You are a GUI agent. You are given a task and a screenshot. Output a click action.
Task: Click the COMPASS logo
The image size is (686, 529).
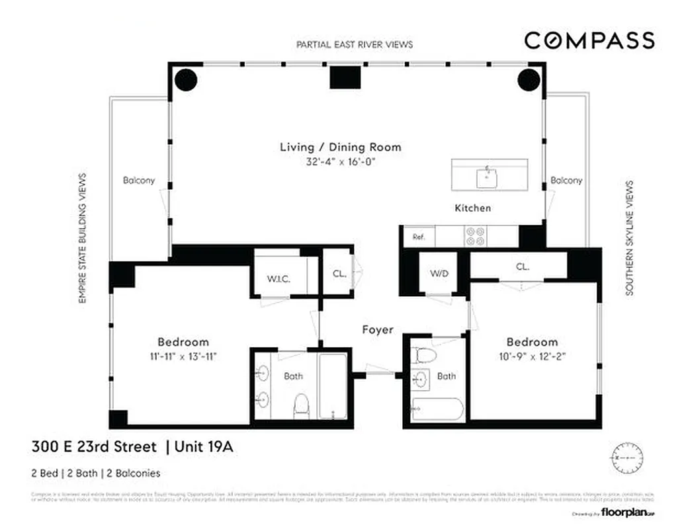coord(589,40)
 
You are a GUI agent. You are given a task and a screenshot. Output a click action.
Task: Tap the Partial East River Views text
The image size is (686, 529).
coord(354,44)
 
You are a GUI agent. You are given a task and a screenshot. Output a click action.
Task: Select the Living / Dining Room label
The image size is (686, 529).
coord(340,147)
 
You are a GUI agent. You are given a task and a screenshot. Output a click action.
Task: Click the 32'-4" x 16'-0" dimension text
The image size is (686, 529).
coord(340,161)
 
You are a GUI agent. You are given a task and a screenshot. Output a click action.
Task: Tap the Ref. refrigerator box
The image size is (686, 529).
coord(419,236)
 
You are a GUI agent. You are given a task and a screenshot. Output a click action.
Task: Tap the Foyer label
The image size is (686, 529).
coord(378,329)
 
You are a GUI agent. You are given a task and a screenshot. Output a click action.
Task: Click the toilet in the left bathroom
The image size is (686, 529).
coord(302,403)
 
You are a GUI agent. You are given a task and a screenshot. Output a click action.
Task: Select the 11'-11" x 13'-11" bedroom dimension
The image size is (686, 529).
coord(183,356)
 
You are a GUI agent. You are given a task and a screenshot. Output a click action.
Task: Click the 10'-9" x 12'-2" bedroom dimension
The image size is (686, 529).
coord(532,356)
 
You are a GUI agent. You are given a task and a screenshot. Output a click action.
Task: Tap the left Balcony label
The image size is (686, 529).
coord(139,180)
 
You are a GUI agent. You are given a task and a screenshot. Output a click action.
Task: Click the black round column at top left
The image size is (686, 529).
coord(186,79)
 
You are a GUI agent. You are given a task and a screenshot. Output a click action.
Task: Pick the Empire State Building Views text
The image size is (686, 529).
coord(83,238)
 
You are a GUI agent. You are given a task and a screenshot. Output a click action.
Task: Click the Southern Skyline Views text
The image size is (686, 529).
coord(629,238)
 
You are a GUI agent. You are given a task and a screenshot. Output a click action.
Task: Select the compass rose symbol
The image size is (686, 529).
coord(623,457)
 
